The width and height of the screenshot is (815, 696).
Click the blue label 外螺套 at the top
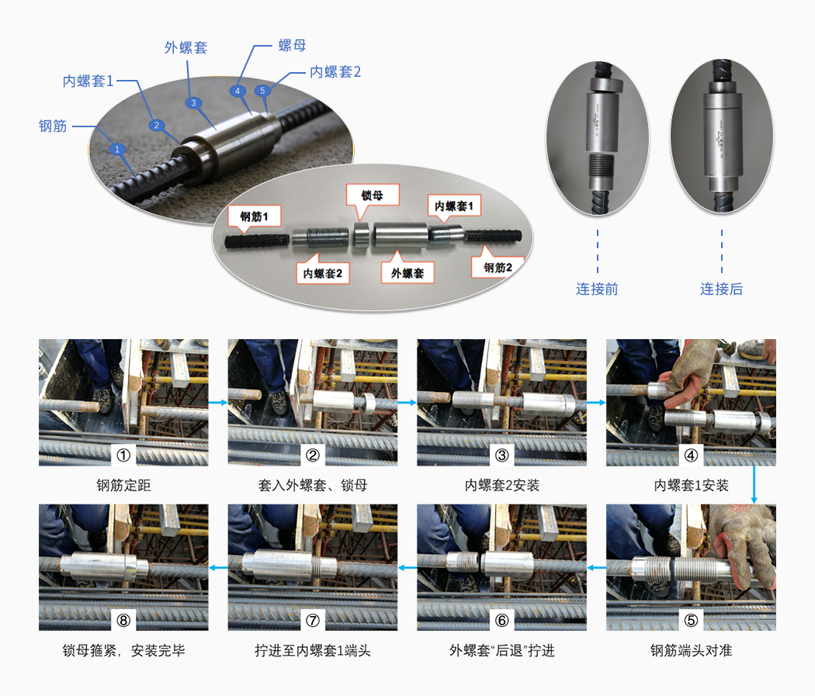point(186,48)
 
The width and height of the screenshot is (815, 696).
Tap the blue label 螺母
point(292,45)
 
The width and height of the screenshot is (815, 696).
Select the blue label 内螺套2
point(335,71)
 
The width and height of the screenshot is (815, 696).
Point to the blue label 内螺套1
point(88,81)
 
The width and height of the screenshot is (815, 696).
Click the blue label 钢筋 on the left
point(53,126)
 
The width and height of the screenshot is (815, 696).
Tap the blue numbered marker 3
point(193,103)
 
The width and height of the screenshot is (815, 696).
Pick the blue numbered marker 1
point(117,150)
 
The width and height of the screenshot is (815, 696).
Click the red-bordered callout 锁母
point(373,196)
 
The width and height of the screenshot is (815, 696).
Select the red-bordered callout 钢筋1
point(254,216)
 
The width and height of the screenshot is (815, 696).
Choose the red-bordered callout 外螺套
point(407,272)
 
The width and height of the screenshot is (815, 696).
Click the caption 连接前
point(597,289)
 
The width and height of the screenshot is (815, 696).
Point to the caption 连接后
point(721,289)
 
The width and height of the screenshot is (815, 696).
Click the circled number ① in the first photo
point(123,455)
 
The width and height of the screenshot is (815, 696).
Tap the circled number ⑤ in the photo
point(691,620)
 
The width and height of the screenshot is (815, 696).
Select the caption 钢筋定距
point(123,485)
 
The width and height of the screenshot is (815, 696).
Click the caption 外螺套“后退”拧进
point(502,650)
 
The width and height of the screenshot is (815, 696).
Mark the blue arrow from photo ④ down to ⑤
point(754,485)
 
